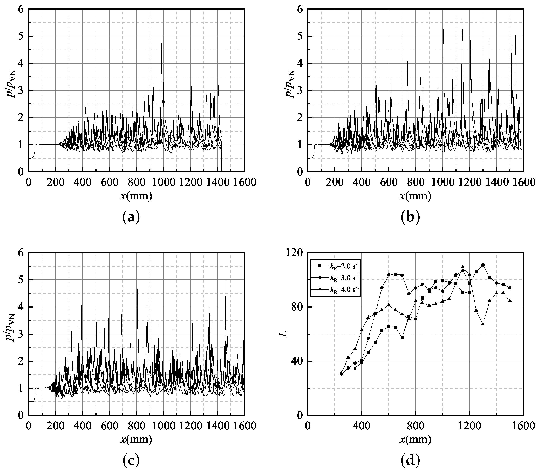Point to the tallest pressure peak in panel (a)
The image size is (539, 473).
click(161, 43)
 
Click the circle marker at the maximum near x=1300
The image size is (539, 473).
click(483, 265)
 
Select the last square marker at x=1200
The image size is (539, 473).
click(469, 292)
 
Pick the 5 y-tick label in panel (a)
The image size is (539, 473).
click(21, 36)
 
